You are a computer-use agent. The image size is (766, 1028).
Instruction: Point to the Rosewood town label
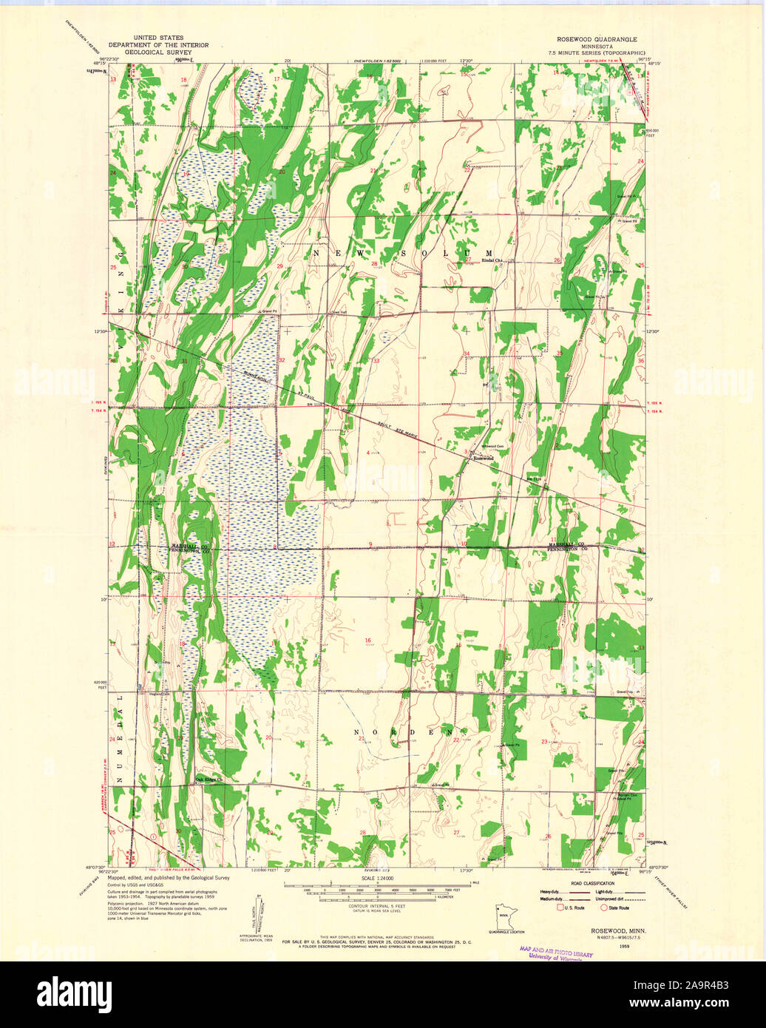pyautogui.click(x=483, y=459)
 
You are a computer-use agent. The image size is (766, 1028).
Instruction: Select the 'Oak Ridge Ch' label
pyautogui.click(x=209, y=778)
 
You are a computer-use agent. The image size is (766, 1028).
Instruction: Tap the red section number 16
pyautogui.click(x=367, y=640)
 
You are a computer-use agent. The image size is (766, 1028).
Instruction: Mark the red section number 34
pyautogui.click(x=467, y=354)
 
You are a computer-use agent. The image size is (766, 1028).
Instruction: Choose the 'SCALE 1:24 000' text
pyautogui.click(x=379, y=878)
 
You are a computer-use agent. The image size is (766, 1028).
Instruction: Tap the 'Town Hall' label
pyautogui.click(x=338, y=311)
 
